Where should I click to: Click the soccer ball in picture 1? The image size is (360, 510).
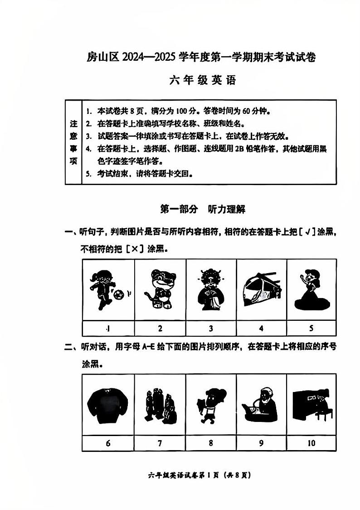119,295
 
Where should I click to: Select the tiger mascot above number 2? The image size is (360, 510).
160,290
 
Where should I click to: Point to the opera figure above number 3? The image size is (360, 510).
210,290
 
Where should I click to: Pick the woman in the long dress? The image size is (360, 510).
310,290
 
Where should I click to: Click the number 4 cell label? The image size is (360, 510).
261,328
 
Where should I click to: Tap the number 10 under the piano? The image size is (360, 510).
311,443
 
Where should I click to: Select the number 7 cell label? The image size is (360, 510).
160,443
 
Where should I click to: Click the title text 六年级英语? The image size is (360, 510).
203,81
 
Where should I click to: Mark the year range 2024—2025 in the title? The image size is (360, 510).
145,58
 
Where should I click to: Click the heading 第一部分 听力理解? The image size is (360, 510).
203,209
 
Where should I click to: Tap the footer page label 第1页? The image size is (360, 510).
213,476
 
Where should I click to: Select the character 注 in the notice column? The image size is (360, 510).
73,123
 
